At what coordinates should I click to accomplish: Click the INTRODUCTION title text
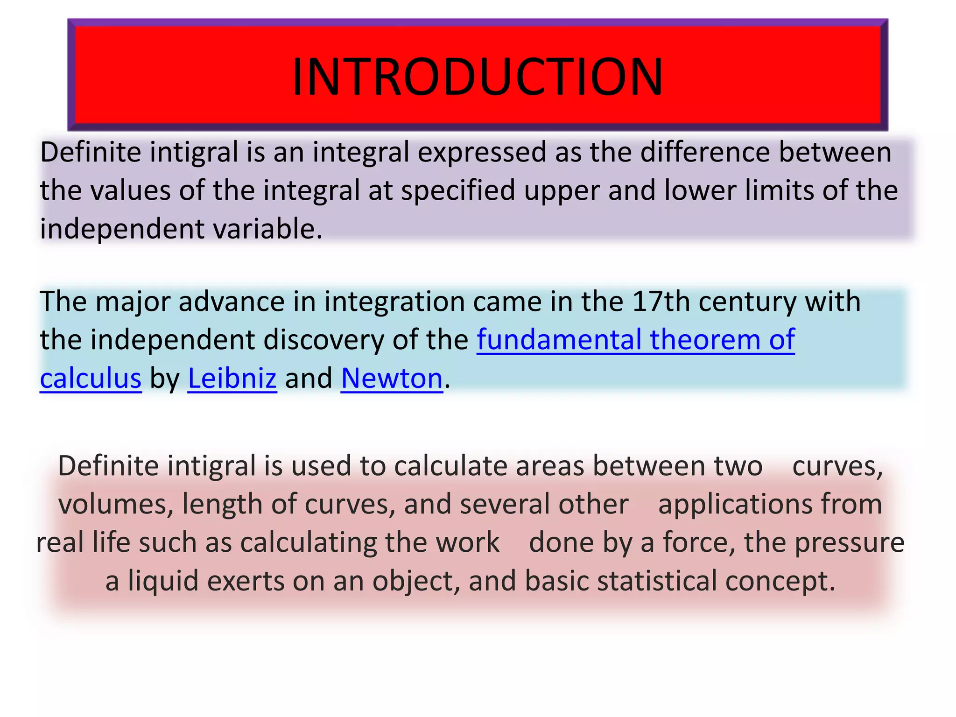(x=477, y=77)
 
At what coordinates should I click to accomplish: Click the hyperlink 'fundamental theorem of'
(x=635, y=340)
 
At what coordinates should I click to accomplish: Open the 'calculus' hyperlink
(x=91, y=378)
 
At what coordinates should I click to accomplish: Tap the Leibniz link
(x=232, y=378)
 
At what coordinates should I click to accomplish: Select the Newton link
(x=392, y=378)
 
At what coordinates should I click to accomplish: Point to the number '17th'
(x=661, y=302)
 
